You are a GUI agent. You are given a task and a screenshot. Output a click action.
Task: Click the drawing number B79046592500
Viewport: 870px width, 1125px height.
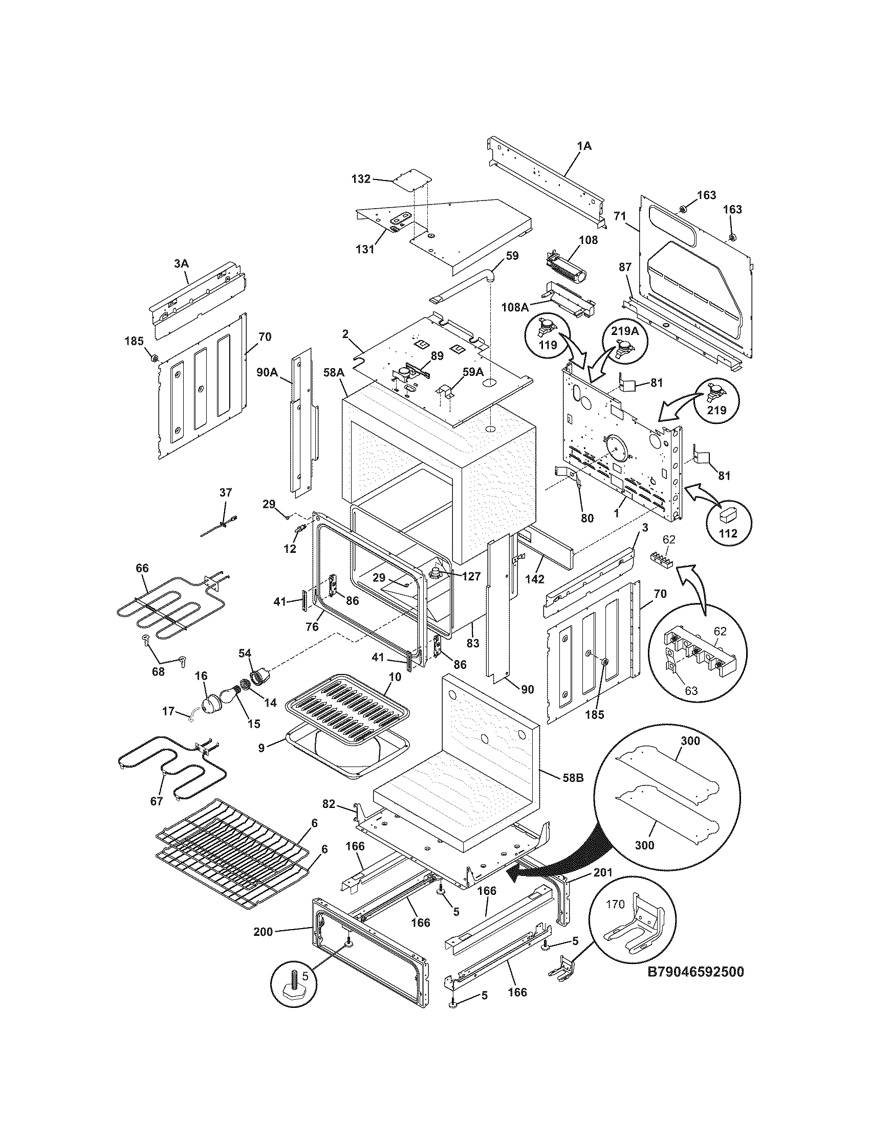pyautogui.click(x=695, y=972)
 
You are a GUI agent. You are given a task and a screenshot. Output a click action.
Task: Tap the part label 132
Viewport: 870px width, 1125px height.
pyautogui.click(x=361, y=179)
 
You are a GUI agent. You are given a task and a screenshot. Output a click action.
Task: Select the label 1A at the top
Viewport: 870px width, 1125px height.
pyautogui.click(x=584, y=146)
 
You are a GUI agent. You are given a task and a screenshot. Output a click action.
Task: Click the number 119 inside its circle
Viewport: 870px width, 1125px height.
pyautogui.click(x=548, y=345)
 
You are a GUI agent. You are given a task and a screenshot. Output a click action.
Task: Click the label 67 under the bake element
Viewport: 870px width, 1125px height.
pyautogui.click(x=156, y=801)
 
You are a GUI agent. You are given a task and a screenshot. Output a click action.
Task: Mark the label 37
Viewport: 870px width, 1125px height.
pyautogui.click(x=225, y=492)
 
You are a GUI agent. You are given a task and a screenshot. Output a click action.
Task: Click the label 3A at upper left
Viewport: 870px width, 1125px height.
pyautogui.click(x=181, y=263)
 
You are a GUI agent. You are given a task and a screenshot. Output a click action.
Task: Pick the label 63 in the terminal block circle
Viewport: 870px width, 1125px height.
pyautogui.click(x=691, y=690)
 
